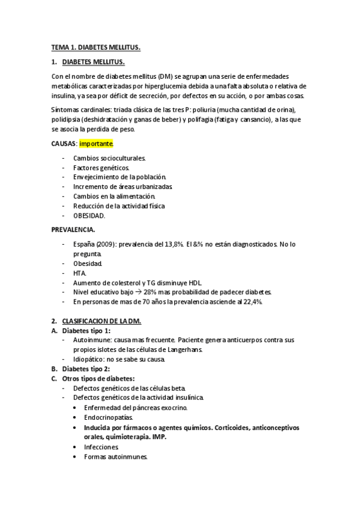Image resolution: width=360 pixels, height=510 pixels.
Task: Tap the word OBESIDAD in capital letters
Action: [89, 215]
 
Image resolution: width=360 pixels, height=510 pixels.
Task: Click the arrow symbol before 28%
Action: [136, 292]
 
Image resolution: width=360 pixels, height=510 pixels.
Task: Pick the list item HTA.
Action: [80, 273]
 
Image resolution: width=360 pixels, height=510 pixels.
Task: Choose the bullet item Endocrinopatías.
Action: [108, 417]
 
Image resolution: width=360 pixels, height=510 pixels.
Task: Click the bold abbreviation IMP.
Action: [159, 437]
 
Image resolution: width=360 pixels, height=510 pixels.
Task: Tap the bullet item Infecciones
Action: [101, 447]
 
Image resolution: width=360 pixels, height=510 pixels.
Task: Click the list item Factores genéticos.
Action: [101, 167]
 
